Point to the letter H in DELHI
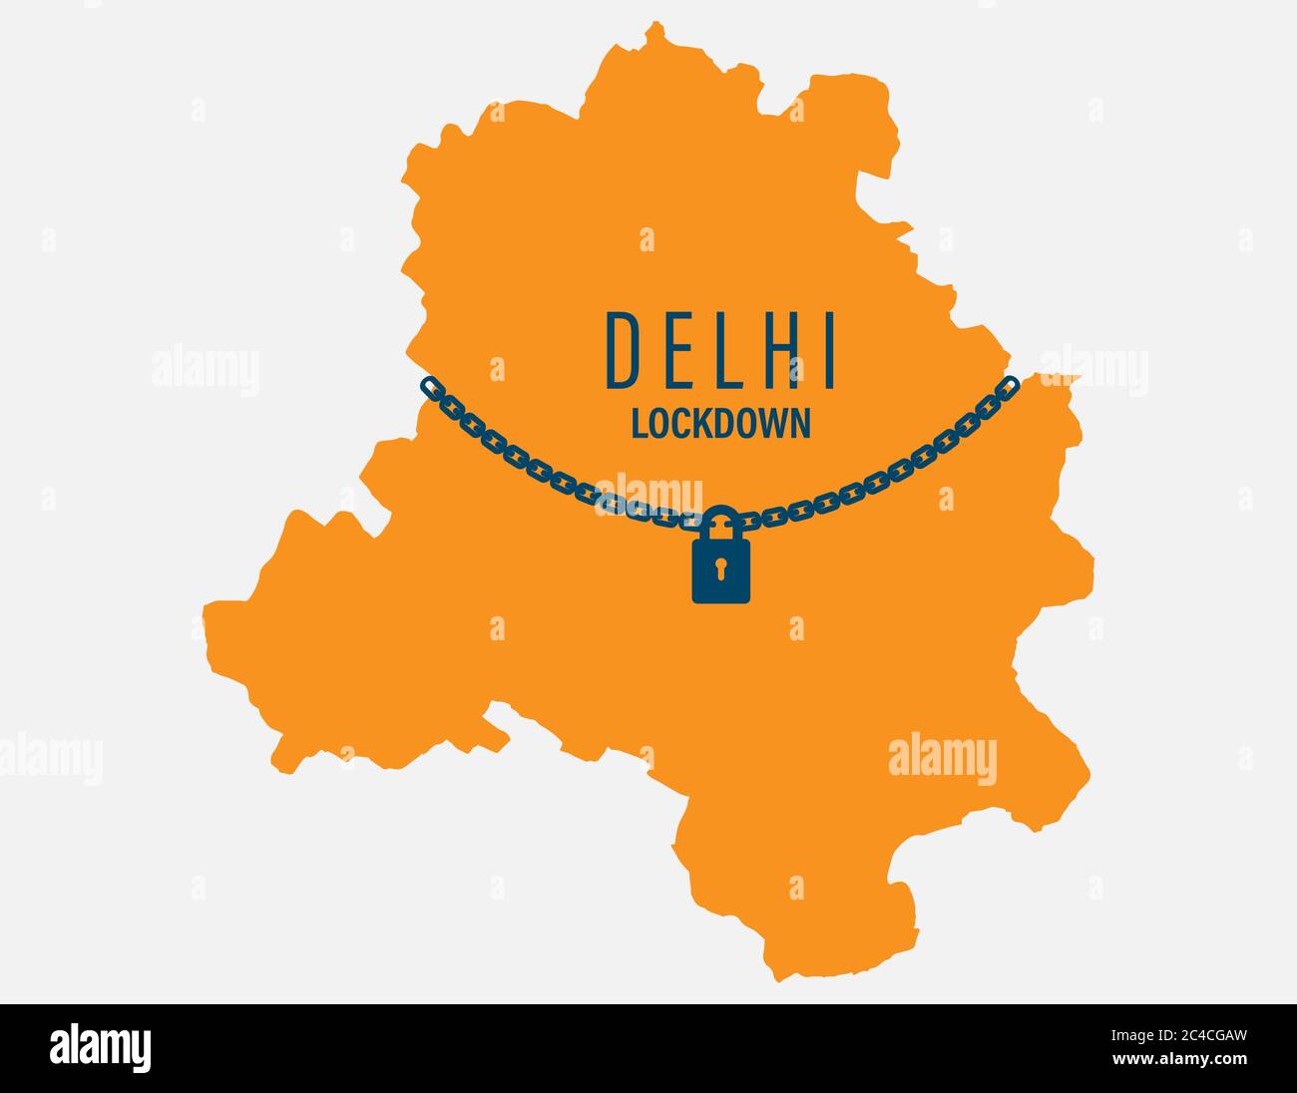coord(772,349)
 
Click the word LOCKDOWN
coord(720,424)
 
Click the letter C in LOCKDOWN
coord(678,424)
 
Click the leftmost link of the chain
coord(430,385)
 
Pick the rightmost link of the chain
coord(1010,384)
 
